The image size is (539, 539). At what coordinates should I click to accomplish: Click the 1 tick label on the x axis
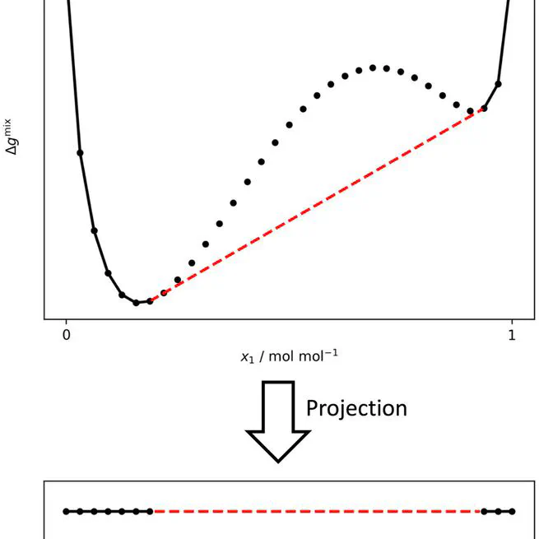(x=511, y=335)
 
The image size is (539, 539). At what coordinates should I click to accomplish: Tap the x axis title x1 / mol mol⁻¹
(x=289, y=355)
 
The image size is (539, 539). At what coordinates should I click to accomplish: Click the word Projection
(x=356, y=407)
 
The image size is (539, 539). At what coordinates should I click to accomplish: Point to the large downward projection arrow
(x=278, y=420)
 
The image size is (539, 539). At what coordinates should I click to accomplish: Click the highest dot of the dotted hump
(x=373, y=68)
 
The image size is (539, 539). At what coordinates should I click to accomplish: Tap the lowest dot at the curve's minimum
(x=136, y=303)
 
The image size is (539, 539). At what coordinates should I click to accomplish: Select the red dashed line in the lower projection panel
(x=317, y=512)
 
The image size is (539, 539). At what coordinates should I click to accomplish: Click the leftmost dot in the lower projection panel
(x=66, y=512)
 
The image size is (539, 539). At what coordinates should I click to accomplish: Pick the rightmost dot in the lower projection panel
(x=512, y=512)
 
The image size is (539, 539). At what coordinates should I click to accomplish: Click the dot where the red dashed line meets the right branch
(x=484, y=109)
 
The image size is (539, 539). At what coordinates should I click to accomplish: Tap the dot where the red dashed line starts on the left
(x=150, y=301)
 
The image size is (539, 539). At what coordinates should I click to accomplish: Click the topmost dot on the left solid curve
(x=80, y=152)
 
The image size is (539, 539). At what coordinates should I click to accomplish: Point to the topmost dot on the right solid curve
(x=498, y=83)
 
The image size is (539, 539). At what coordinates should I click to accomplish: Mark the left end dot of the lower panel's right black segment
(x=484, y=512)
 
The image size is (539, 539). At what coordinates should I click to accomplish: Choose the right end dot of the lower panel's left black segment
(x=150, y=512)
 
